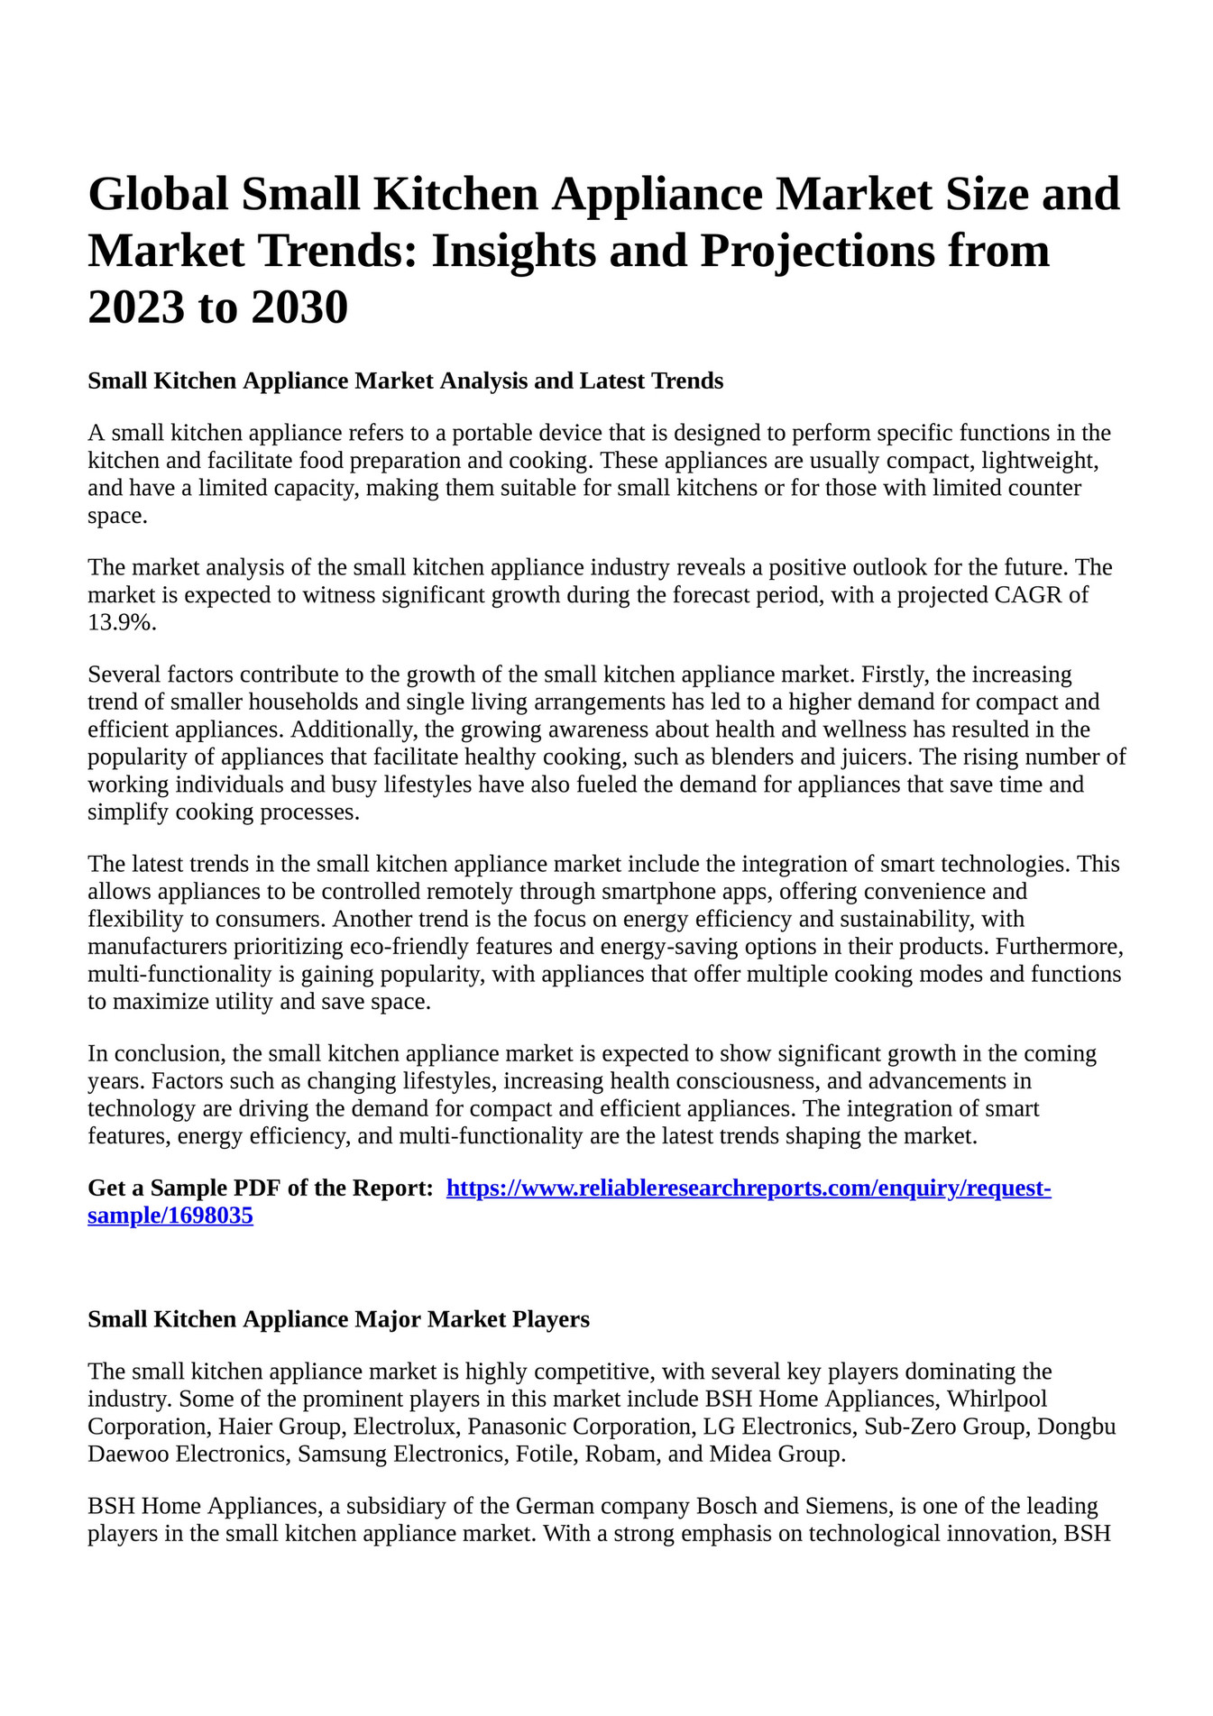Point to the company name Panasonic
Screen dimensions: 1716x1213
[517, 1427]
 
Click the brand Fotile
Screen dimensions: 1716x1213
[543, 1454]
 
